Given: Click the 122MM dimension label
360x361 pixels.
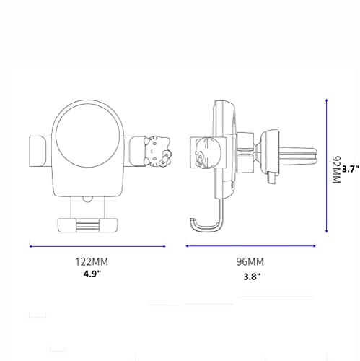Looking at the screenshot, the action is click(92, 261).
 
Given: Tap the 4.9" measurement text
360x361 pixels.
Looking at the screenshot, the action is click(92, 274).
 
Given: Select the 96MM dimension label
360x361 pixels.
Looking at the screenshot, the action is click(250, 261).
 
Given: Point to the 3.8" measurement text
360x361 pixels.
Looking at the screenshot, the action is click(252, 277).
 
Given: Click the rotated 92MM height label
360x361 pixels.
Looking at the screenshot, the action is click(336, 170).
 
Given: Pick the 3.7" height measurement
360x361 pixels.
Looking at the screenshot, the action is click(351, 169).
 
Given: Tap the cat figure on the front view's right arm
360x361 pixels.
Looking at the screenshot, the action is click(157, 152).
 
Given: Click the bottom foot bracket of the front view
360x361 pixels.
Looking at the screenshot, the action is click(87, 225).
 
